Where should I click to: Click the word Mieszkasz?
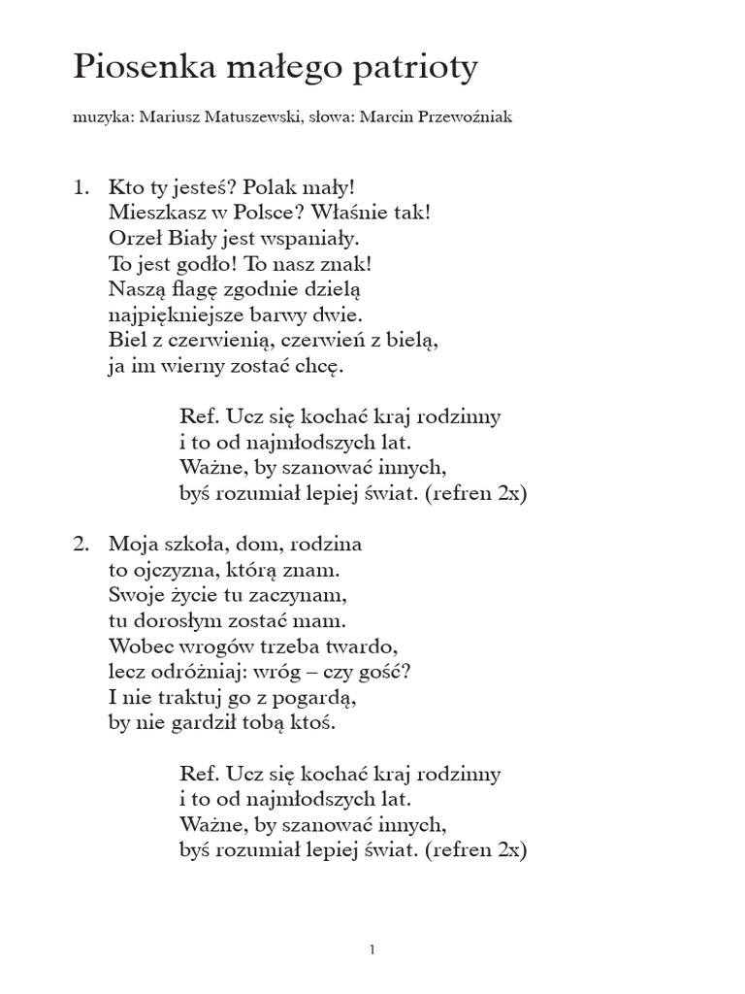tap(153, 212)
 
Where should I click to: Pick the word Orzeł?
tap(133, 237)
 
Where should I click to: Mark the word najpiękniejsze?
tap(181, 315)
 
